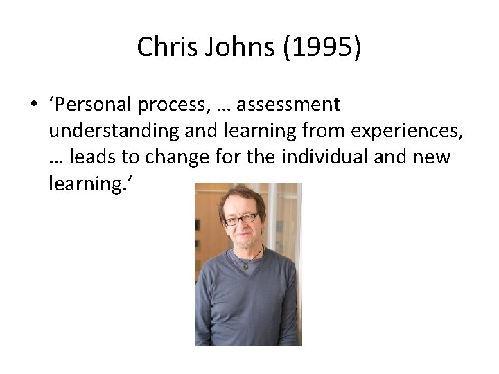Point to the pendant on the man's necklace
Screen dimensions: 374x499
(x=245, y=266)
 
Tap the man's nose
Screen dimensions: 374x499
(x=243, y=229)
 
